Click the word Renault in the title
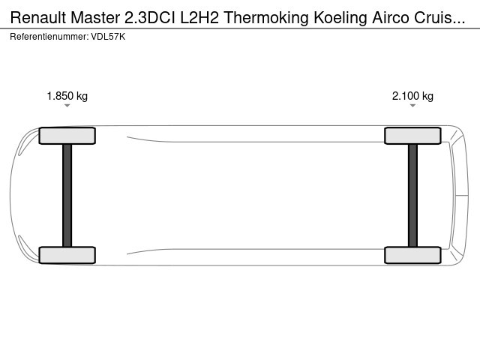click(x=38, y=17)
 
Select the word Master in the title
click(x=95, y=17)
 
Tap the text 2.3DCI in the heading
click(x=150, y=17)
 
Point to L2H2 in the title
click(x=199, y=17)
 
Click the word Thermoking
click(x=266, y=19)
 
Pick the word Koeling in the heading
click(x=340, y=19)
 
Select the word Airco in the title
click(x=391, y=17)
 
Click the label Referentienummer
click(x=49, y=37)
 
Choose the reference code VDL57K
click(x=108, y=37)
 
